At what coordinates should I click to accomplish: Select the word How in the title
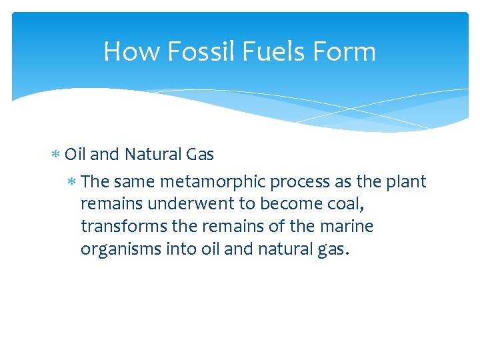[129, 51]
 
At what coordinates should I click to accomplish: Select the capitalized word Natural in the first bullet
[152, 155]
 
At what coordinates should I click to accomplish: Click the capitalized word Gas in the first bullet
[200, 155]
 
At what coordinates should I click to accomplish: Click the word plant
[407, 182]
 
